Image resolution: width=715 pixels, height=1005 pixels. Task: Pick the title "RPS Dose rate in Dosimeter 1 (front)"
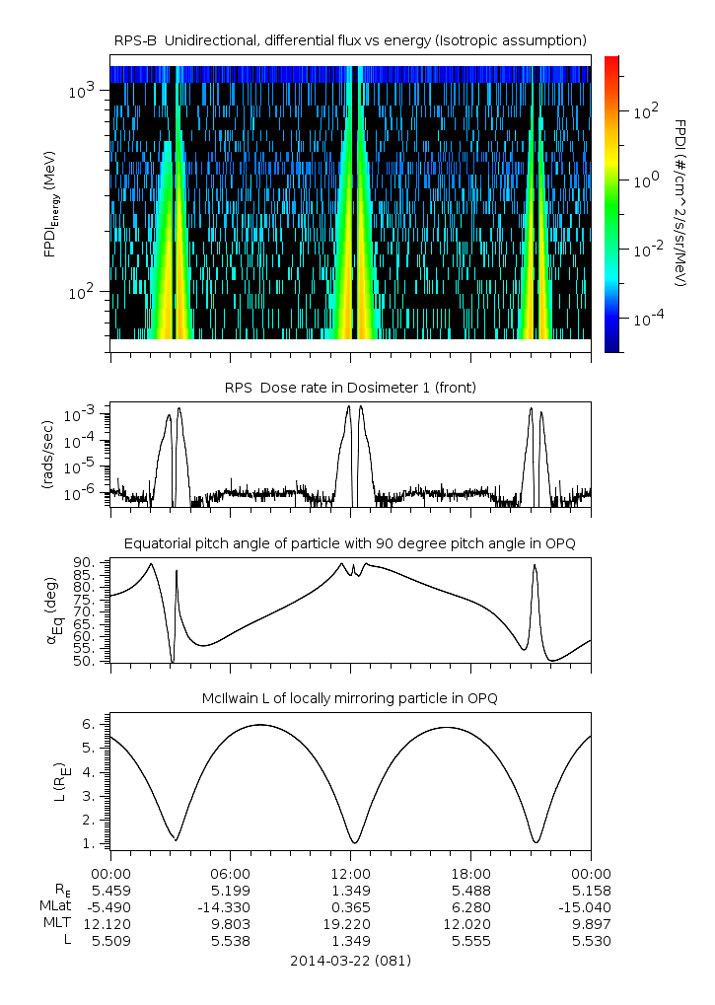point(350,388)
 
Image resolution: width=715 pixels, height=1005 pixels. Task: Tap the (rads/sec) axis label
point(48,454)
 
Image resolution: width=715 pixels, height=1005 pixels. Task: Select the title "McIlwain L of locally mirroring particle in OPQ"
point(350,698)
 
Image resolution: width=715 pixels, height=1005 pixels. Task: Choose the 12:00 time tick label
point(351,873)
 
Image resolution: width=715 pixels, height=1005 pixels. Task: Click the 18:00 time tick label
point(471,873)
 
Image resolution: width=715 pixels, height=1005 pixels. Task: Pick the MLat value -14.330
point(231,906)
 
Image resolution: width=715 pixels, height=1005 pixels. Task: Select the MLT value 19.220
point(351,923)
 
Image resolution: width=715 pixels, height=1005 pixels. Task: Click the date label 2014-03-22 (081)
point(350,960)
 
